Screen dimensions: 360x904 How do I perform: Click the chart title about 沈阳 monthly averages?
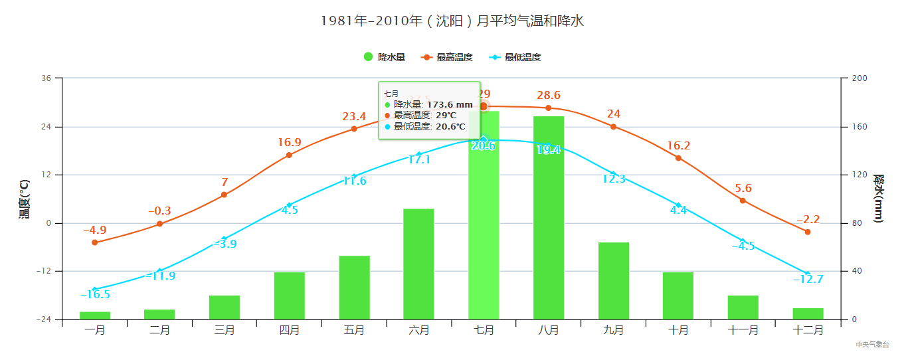(x=452, y=21)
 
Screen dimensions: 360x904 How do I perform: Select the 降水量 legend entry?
(x=385, y=57)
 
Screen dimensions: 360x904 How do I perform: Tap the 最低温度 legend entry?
(x=515, y=57)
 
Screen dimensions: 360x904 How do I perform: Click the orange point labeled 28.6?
(x=548, y=108)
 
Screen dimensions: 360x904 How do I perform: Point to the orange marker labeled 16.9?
(x=289, y=155)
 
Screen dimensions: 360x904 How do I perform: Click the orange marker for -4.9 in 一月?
(x=94, y=242)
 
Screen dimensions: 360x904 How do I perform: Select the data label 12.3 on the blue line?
(x=613, y=179)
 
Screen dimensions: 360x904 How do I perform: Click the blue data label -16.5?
(x=95, y=295)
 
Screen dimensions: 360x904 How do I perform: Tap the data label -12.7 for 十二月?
(x=808, y=279)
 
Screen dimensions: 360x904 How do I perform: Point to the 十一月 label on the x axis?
(x=743, y=329)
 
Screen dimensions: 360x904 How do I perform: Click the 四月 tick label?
(x=289, y=329)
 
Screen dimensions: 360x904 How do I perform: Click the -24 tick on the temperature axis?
(x=46, y=319)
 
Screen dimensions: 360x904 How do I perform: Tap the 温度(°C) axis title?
(x=24, y=199)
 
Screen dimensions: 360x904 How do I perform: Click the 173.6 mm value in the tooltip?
(x=449, y=104)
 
